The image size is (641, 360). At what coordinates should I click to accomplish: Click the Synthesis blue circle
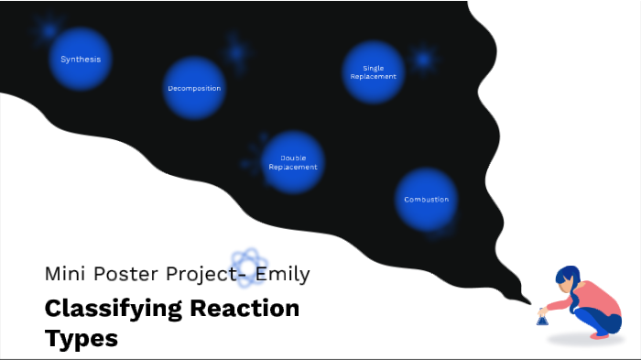81,60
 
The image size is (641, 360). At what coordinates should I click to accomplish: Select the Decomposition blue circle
194,89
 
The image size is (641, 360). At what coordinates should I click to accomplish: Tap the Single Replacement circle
374,72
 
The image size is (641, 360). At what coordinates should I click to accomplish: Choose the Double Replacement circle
293,163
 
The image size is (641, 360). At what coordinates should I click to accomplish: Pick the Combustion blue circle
427,200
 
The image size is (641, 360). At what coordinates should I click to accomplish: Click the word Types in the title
81,338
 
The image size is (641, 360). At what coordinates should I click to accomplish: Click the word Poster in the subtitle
127,274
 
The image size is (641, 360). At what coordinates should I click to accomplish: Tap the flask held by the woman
542,318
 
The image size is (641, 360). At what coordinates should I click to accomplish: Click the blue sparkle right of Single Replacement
423,60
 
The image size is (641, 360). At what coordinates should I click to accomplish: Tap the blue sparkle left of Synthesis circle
46,30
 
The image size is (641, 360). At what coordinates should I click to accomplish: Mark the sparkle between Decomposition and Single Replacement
238,52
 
